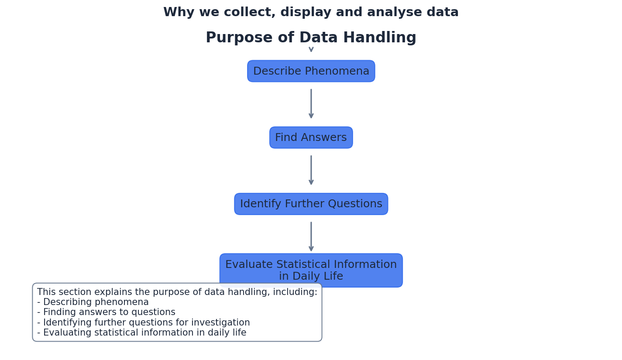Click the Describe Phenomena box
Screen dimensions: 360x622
pyautogui.click(x=311, y=71)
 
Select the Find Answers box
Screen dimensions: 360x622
pyautogui.click(x=311, y=137)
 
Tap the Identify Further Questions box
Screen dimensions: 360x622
pyautogui.click(x=311, y=204)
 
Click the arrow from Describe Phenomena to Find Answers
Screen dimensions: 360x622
pyautogui.click(x=311, y=104)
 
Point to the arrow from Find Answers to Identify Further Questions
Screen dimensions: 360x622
pyautogui.click(x=311, y=170)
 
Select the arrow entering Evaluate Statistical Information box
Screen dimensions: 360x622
pyautogui.click(x=311, y=237)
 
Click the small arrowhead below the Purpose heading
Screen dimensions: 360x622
pyautogui.click(x=311, y=49)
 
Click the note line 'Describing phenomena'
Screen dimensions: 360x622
pyautogui.click(x=93, y=302)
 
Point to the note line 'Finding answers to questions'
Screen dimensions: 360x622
pyautogui.click(x=106, y=312)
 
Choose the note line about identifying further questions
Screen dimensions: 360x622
pyautogui.click(x=144, y=323)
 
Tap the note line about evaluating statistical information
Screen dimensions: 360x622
pyautogui.click(x=141, y=333)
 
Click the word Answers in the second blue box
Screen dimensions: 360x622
pyautogui.click(x=325, y=137)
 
